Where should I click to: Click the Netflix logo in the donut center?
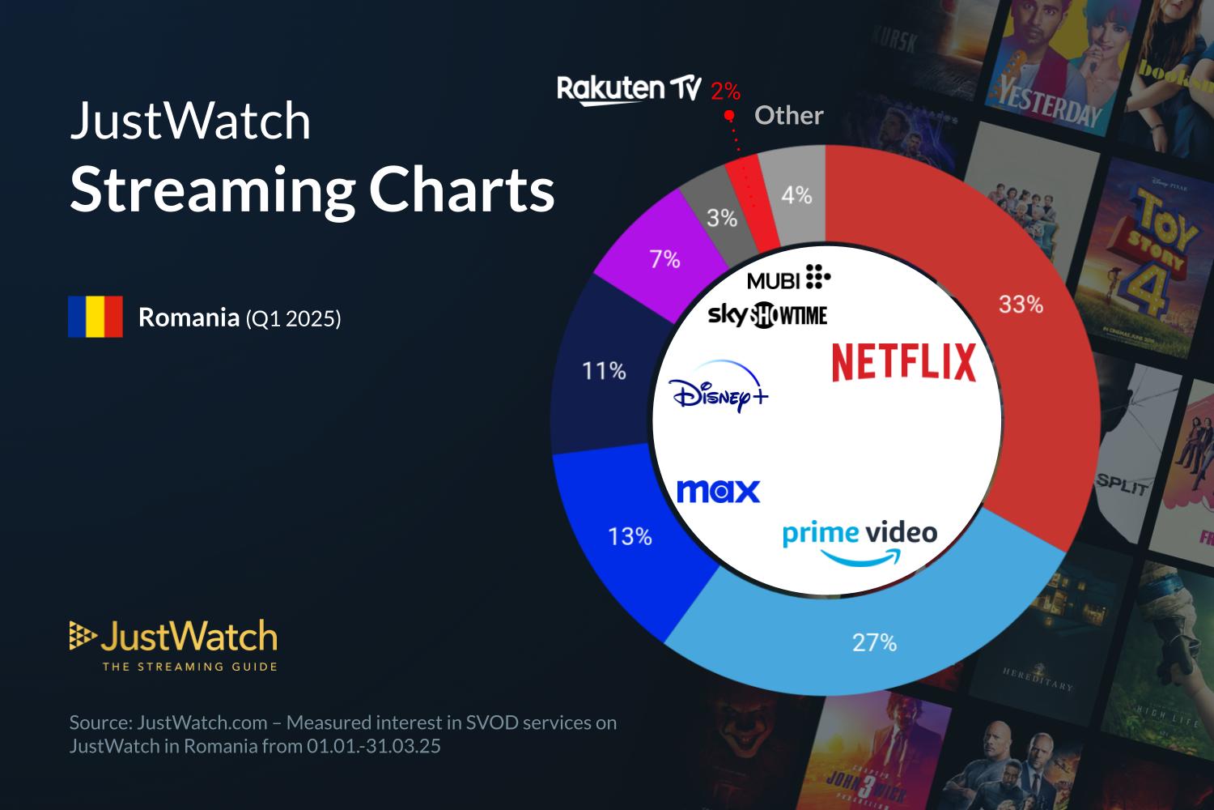coord(904,362)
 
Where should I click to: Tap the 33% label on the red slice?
coord(1021,305)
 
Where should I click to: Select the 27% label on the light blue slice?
coord(874,642)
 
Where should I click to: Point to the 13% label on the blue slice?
coord(630,536)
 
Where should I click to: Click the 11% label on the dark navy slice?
coord(604,371)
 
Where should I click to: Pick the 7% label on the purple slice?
coord(664,260)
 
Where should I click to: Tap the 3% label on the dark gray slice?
coord(721,218)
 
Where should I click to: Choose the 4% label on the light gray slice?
coord(796,195)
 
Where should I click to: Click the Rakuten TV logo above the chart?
coord(628,90)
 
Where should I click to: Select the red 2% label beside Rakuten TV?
coord(725,92)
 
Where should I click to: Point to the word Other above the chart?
coord(788,116)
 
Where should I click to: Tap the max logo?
coord(718,491)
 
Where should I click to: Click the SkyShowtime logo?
coord(767,315)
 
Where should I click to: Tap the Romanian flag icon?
coord(96,317)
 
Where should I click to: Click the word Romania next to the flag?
coord(188,318)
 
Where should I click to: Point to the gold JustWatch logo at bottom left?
coord(174,645)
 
